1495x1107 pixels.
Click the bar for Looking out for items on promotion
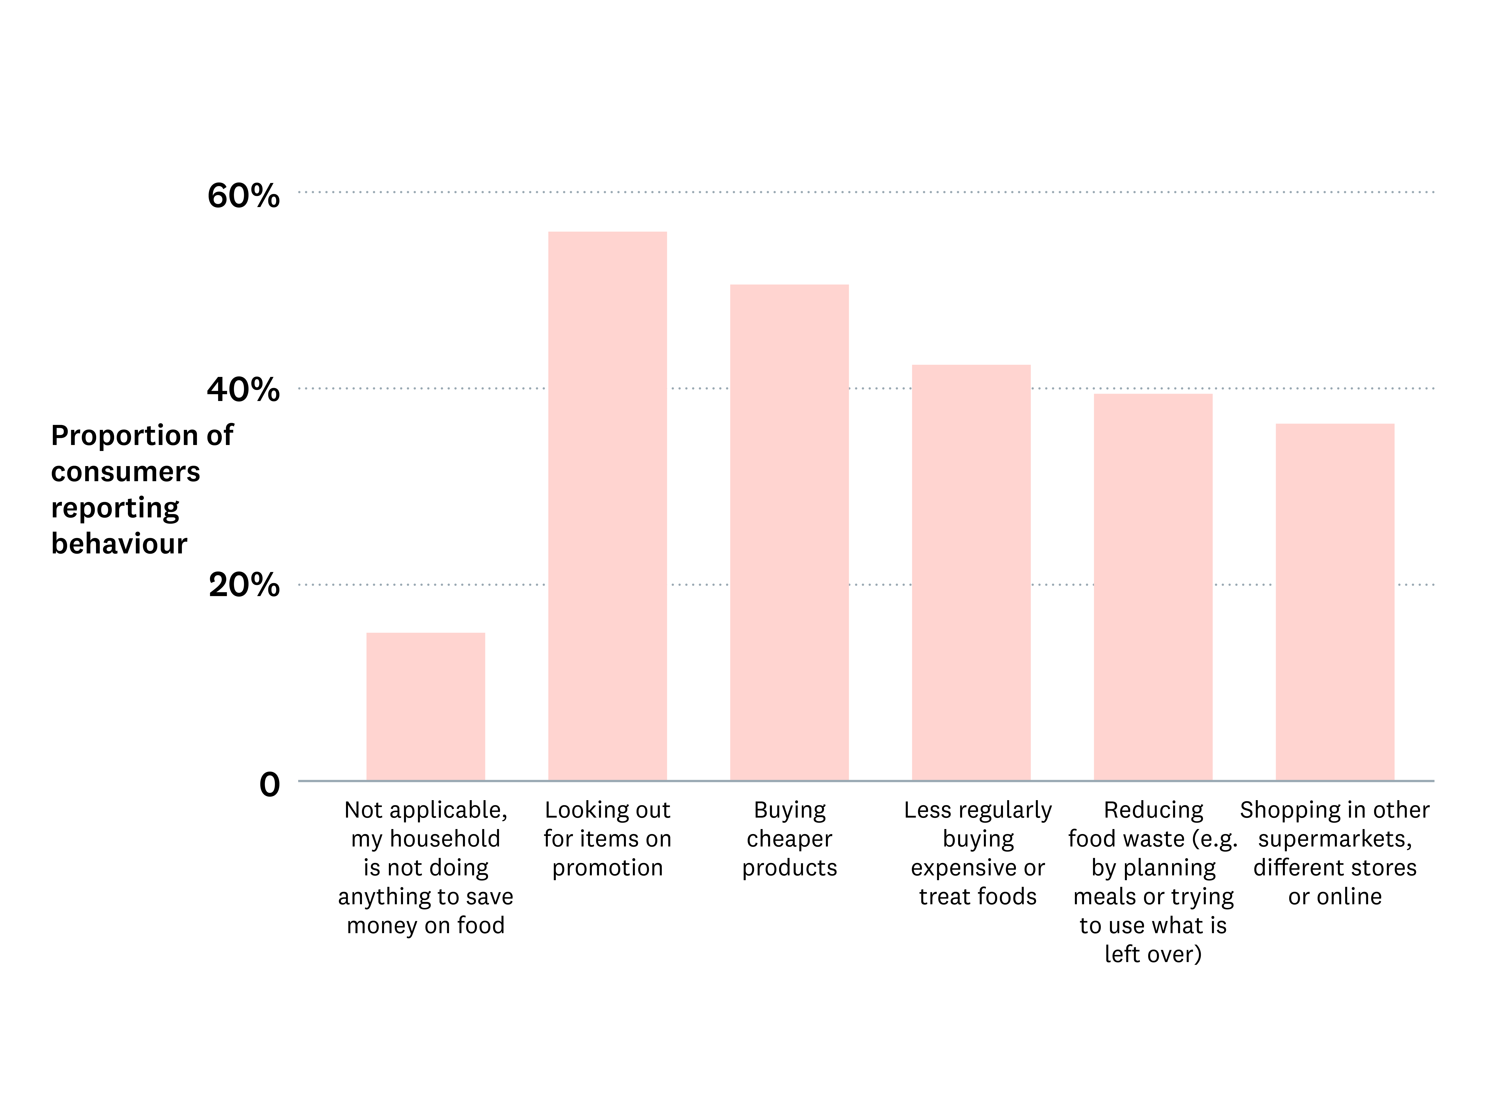[x=607, y=506]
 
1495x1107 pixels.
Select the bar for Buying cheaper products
[x=789, y=533]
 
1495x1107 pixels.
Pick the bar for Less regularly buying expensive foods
[x=971, y=573]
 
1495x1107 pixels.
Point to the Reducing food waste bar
[x=1153, y=587]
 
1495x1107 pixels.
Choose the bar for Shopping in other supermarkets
[x=1335, y=602]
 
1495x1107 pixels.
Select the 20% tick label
[x=244, y=585]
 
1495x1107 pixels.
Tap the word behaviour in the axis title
[x=119, y=543]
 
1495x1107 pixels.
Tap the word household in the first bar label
[x=445, y=839]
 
